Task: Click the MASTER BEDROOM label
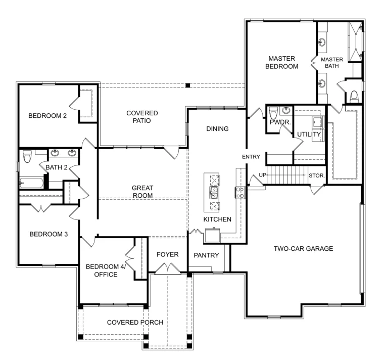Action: click(283, 62)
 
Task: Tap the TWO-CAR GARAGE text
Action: click(303, 248)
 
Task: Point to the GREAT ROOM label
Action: click(142, 192)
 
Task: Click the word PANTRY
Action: click(206, 255)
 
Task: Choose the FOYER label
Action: click(167, 254)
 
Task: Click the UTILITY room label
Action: click(308, 134)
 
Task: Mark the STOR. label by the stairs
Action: click(317, 176)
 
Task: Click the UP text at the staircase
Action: click(262, 175)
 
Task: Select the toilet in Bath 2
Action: click(28, 156)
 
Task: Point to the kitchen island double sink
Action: click(213, 192)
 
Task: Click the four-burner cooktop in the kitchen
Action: click(239, 192)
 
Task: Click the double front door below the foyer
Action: click(167, 271)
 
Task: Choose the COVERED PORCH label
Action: click(135, 323)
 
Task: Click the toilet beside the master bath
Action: click(354, 95)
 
